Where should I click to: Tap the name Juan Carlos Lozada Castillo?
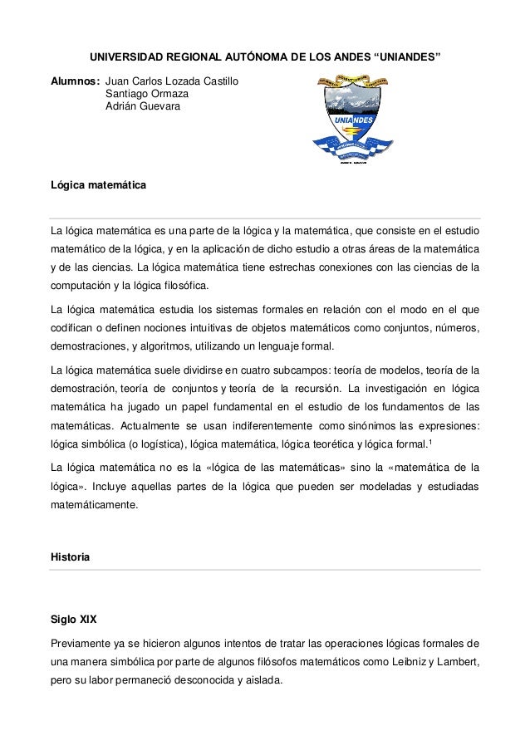click(172, 82)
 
